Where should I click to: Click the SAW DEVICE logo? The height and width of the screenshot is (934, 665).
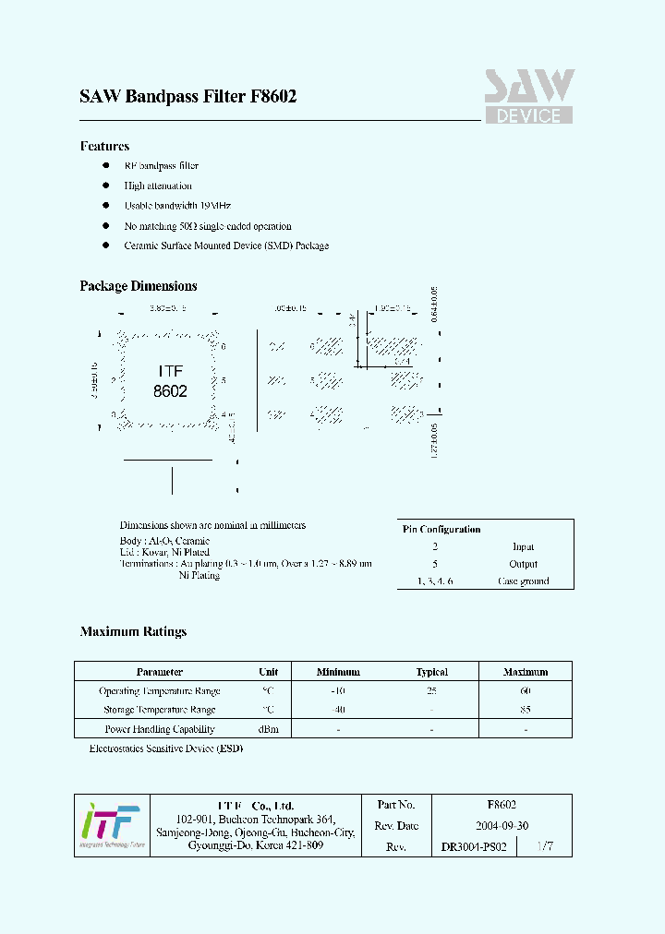[x=529, y=97]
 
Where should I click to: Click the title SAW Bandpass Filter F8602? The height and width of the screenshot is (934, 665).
[x=188, y=97]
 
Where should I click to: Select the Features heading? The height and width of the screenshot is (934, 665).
[x=104, y=146]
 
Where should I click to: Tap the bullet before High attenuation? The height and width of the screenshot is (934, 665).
[x=104, y=186]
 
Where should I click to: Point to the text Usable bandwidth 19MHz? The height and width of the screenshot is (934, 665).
[x=177, y=206]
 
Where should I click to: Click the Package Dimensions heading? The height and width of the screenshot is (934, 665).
[x=138, y=286]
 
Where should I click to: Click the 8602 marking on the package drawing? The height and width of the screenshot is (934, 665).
[x=170, y=391]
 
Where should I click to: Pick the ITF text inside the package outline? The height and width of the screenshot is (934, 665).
[x=170, y=371]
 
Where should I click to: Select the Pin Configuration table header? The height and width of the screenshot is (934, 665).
[x=441, y=530]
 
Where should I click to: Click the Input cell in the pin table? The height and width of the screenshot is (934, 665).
[x=523, y=547]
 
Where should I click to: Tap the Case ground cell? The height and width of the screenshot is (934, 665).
[x=523, y=581]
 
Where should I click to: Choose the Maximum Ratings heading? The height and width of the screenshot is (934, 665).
[x=133, y=632]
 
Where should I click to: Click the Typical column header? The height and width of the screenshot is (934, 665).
[x=431, y=672]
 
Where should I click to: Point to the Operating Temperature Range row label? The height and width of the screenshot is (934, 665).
[x=159, y=691]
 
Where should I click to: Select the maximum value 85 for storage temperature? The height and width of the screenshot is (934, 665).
[x=525, y=710]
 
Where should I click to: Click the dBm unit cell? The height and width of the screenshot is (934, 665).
[x=269, y=729]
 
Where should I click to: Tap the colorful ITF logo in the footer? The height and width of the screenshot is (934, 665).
[x=109, y=824]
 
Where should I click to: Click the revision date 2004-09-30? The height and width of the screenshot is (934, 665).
[x=502, y=826]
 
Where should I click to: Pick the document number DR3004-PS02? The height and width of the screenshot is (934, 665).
[x=474, y=846]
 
